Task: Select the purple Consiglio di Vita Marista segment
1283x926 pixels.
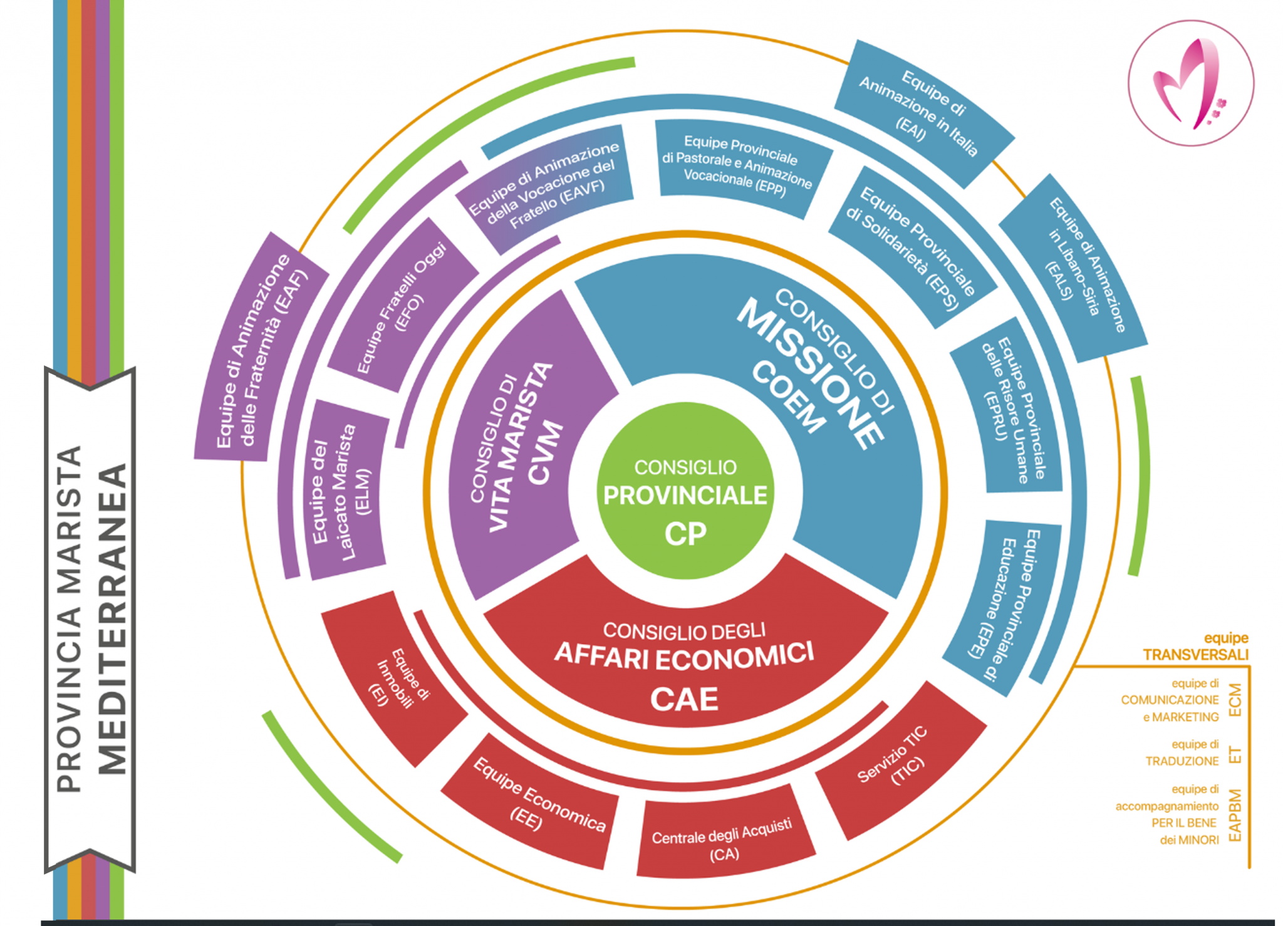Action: coord(520,445)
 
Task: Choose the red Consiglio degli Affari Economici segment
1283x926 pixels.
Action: coord(685,664)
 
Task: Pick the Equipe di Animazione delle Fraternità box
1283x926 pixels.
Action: coord(260,351)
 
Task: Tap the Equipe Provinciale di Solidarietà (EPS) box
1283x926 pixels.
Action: coord(912,247)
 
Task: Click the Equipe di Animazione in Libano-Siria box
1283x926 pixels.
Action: coord(1074,266)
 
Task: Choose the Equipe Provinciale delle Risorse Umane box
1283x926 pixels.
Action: coord(1009,410)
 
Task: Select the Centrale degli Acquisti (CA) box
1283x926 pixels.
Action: coord(724,840)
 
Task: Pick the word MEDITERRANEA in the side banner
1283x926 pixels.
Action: coord(113,620)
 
